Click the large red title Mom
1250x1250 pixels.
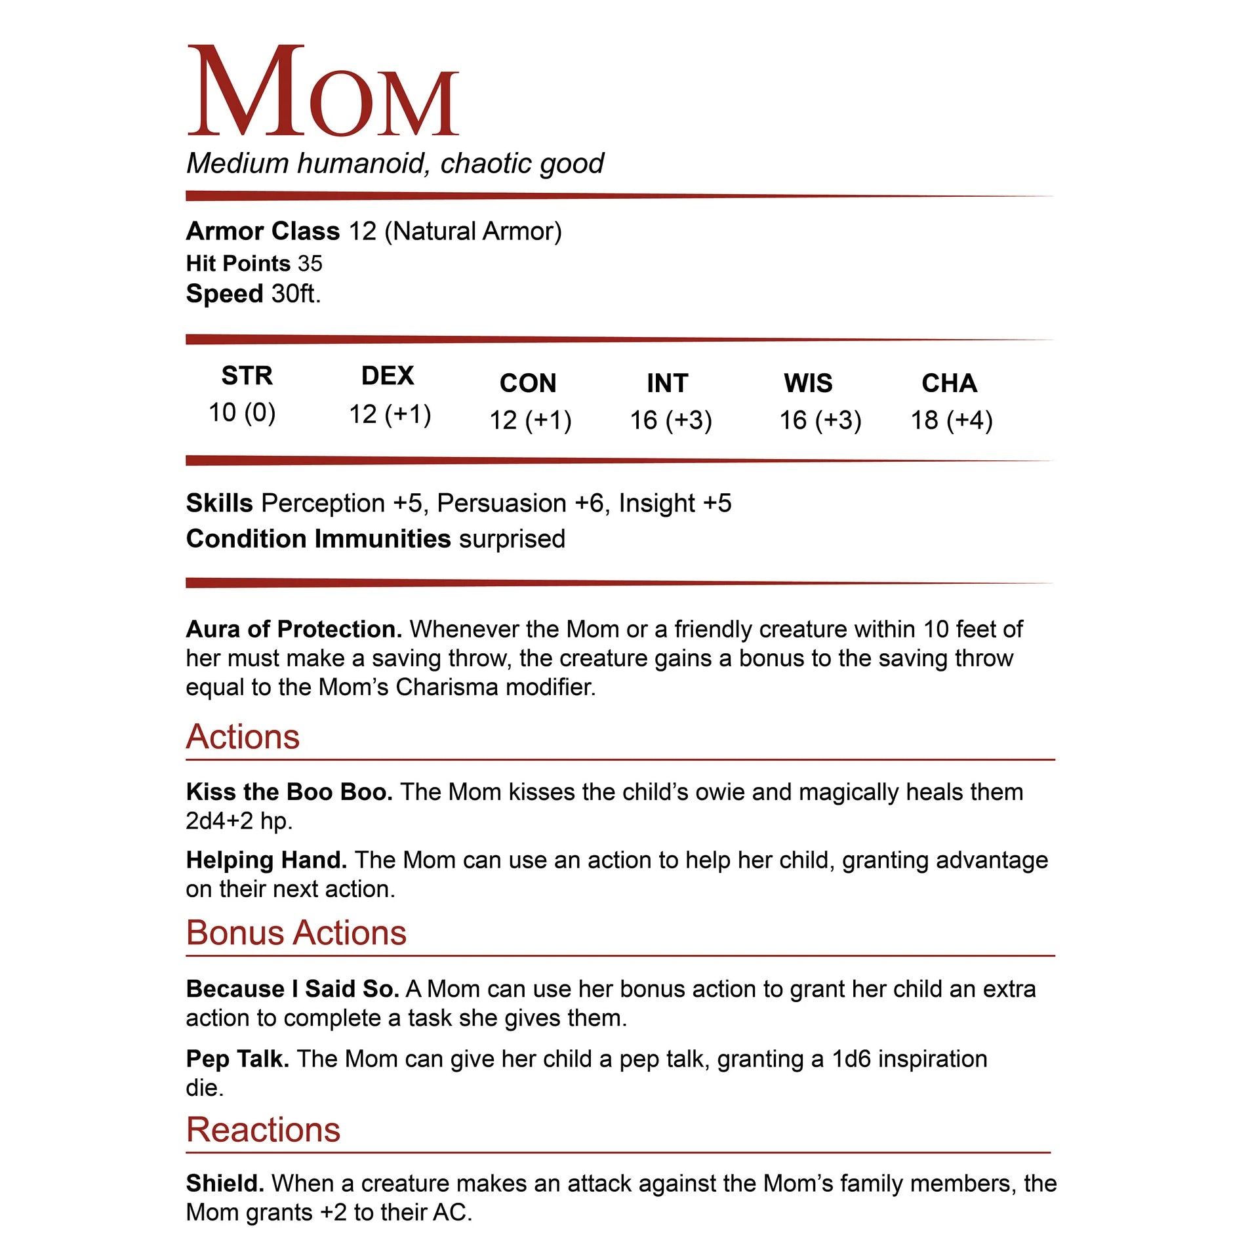[323, 92]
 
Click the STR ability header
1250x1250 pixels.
[247, 376]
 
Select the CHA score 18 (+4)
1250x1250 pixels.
[951, 420]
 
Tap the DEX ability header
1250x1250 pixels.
[388, 376]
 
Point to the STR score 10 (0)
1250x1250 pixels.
[242, 413]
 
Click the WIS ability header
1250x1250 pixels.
[808, 383]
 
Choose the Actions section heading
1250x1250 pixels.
[243, 736]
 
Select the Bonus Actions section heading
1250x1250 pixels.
[296, 933]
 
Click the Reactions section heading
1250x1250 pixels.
[263, 1129]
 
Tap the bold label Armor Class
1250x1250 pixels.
[262, 232]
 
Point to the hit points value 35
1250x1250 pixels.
[310, 264]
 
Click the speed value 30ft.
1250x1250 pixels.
[296, 294]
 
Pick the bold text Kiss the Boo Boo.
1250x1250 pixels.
[289, 792]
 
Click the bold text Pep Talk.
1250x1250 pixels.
[237, 1059]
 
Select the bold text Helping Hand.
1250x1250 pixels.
[266, 860]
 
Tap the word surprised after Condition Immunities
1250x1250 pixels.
[512, 539]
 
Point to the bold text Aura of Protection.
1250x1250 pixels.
[294, 630]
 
